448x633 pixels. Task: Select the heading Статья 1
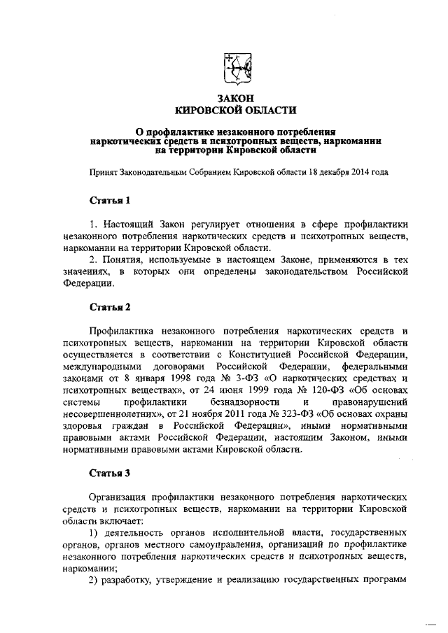tap(111, 200)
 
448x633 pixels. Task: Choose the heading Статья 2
tap(111, 307)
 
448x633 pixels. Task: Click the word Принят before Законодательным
tap(105, 171)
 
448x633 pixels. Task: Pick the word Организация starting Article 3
tap(118, 493)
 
